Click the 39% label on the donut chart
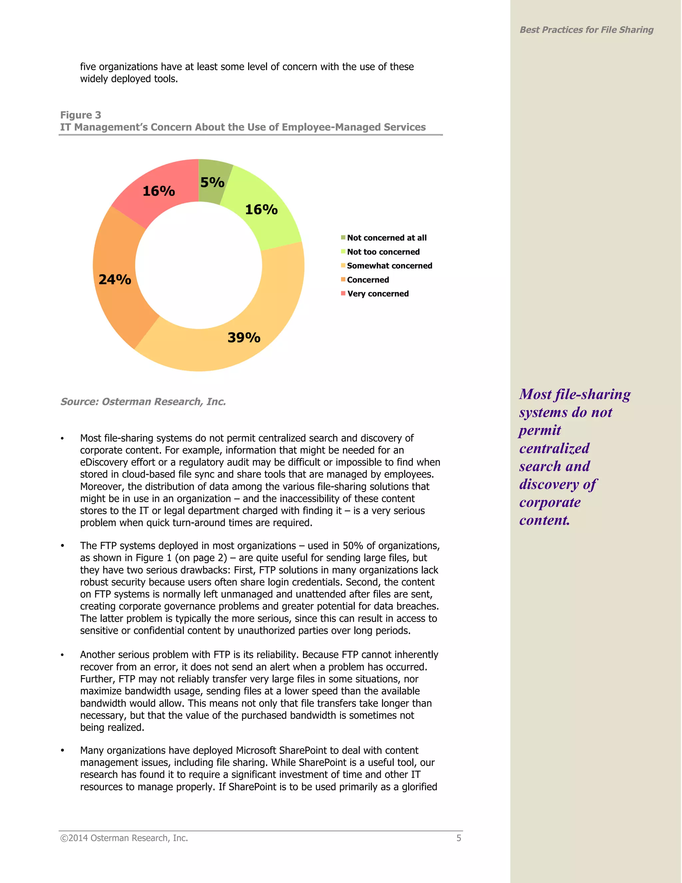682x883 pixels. point(244,338)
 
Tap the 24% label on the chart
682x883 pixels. point(115,279)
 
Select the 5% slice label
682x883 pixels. point(212,182)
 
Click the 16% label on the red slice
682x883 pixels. point(159,191)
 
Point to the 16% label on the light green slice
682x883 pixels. point(261,210)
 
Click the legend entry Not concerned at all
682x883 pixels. point(386,238)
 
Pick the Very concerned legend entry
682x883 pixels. point(377,294)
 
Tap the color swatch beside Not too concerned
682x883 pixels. point(343,252)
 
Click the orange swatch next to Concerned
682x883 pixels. point(343,279)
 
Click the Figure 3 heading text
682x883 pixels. point(80,115)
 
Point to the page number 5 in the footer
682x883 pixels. point(459,838)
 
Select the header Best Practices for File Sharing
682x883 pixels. point(586,30)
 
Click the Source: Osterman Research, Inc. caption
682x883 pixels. point(143,402)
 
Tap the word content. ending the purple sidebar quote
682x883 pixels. point(544,520)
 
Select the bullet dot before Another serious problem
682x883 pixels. point(62,655)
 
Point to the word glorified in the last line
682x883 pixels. point(419,787)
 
